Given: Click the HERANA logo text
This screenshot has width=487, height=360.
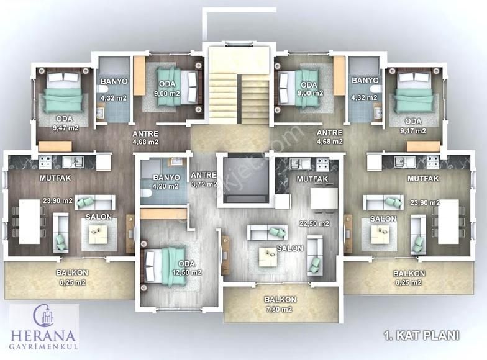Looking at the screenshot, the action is tap(43, 336).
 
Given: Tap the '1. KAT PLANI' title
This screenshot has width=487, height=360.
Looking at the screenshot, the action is tap(421, 335).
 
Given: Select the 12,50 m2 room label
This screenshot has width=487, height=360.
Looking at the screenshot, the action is tap(187, 272).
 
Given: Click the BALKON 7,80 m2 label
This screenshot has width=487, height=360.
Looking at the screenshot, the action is tap(280, 304).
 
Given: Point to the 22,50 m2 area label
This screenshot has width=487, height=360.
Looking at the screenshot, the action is tap(314, 223).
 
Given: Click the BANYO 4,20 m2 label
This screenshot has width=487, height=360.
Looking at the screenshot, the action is tap(166, 182).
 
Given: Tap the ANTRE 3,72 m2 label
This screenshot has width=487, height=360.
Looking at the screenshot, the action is tap(204, 180).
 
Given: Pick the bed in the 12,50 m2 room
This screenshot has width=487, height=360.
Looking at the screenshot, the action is tap(166, 266).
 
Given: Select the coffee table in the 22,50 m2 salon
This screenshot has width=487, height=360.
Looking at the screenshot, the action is tap(268, 256).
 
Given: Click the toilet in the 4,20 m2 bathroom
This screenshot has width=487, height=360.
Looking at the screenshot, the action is tap(146, 194).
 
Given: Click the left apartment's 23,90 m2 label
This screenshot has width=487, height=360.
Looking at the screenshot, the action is tap(58, 201).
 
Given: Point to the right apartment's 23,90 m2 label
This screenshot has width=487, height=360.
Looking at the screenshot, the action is tap(425, 202).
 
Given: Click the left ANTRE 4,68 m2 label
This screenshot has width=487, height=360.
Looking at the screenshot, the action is tap(145, 138).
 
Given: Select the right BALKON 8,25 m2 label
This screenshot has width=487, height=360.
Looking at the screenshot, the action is tap(409, 278).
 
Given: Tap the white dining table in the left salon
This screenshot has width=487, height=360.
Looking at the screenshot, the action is tap(30, 222).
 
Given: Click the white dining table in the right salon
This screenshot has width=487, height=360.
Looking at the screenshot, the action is tap(448, 222).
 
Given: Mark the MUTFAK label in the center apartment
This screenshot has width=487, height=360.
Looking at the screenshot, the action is tap(312, 179).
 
